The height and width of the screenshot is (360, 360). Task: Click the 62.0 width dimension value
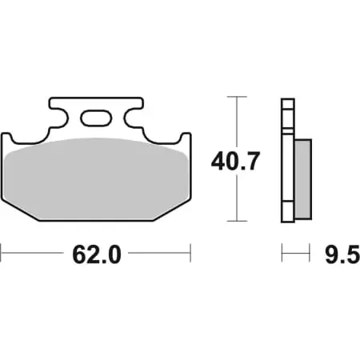[96, 256]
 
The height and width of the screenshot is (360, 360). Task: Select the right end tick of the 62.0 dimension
[190, 256]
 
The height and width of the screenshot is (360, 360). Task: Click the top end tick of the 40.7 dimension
[234, 97]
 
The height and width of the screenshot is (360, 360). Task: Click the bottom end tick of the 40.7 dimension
[234, 221]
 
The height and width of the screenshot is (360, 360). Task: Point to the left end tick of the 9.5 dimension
[282, 256]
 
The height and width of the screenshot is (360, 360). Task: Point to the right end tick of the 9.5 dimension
[310, 256]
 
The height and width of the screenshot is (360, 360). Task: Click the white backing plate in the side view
[285, 160]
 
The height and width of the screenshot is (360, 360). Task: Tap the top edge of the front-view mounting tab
[95, 98]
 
